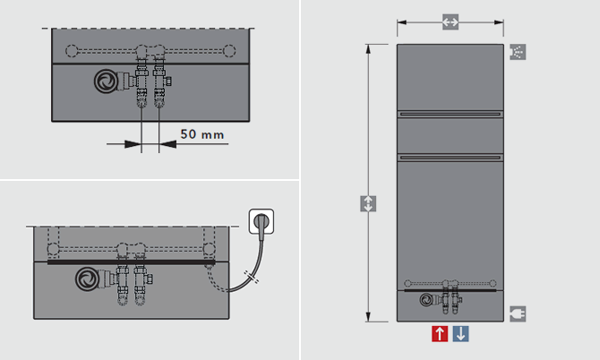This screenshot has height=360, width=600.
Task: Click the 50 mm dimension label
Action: pos(202,134)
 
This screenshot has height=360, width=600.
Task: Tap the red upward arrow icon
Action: pos(440,334)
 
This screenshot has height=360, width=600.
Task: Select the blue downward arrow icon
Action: pos(460,334)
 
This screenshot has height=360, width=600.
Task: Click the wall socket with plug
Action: pos(261,221)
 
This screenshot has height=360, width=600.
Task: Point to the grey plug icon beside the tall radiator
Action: pos(518,313)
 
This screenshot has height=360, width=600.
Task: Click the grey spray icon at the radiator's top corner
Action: pos(518,52)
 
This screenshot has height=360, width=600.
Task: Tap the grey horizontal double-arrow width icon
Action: pos(450,21)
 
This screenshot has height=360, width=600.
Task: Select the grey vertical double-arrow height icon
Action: pos(368,203)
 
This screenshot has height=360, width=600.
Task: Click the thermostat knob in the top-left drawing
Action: pos(106,81)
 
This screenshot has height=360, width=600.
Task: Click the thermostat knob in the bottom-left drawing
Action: pos(88,279)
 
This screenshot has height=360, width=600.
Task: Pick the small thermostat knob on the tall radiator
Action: pos(426,300)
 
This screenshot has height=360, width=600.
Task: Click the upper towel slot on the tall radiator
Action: pos(450,114)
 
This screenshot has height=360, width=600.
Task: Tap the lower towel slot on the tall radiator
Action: pos(450,158)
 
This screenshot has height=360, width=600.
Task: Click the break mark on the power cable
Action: pos(252,277)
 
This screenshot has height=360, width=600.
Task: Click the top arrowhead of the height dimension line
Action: pos(368,49)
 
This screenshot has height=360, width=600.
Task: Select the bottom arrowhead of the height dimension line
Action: pos(368,317)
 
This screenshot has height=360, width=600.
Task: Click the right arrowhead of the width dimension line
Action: pos(499,22)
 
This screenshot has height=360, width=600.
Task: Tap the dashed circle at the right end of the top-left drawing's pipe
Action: pos(229,50)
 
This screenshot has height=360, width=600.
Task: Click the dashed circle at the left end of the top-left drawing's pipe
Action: pos(72,50)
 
